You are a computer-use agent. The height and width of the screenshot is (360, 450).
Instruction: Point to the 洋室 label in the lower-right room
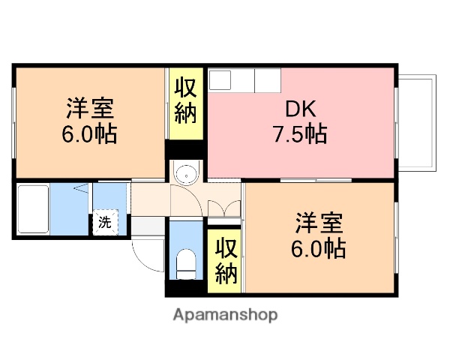[x=319, y=223]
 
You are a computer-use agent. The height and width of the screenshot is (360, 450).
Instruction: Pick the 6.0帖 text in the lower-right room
[x=319, y=248]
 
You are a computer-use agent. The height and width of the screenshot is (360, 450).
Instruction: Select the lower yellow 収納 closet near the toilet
[x=225, y=261]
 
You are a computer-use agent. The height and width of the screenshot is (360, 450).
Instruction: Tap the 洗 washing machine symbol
[x=105, y=222]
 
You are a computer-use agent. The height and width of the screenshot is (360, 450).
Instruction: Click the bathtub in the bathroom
[x=31, y=210]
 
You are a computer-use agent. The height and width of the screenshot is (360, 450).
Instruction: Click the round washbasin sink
[x=185, y=174]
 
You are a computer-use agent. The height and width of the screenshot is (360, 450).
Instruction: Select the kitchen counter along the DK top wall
[x=244, y=79]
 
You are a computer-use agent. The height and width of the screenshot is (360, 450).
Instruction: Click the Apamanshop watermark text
[x=225, y=315]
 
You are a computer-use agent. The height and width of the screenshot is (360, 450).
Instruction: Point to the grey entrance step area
[x=148, y=224]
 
